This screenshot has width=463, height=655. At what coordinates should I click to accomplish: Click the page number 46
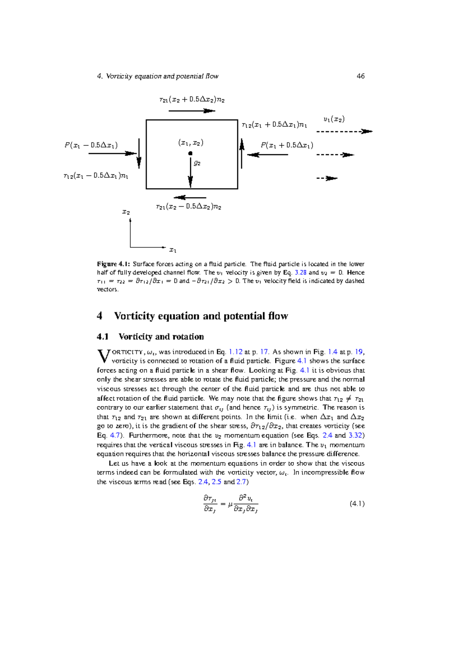[360, 76]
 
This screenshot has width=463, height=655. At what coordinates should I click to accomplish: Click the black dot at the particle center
[190, 154]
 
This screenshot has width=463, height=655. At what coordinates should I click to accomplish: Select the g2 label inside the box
[197, 163]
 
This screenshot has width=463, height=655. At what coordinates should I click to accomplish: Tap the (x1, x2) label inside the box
[191, 143]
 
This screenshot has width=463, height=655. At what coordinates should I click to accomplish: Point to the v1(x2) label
[334, 119]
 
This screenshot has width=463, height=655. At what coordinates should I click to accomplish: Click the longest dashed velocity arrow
[344, 132]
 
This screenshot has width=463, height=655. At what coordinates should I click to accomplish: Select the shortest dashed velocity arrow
[327, 178]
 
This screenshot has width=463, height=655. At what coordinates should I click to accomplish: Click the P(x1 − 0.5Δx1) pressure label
[91, 145]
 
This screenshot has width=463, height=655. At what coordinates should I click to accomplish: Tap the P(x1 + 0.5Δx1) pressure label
[287, 145]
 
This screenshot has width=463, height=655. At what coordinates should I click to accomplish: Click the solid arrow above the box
[192, 111]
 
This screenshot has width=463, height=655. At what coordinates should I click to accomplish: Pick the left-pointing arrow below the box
[190, 198]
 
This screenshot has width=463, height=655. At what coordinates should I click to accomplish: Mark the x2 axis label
[126, 212]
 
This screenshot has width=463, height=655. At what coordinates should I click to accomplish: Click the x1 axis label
[173, 250]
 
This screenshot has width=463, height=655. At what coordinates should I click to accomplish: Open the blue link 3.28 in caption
[300, 272]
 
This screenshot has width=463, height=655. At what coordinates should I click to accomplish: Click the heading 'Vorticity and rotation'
[161, 337]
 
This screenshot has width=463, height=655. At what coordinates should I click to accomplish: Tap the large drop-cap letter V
[103, 356]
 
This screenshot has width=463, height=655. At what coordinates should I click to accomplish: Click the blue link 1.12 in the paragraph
[235, 352]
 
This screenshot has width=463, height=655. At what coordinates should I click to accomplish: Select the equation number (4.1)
[357, 503]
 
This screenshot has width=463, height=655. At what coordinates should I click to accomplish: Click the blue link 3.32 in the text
[356, 435]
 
